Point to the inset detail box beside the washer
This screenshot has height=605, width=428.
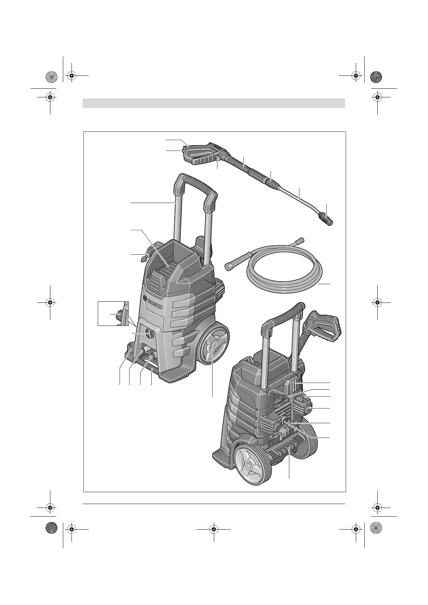pyautogui.click(x=113, y=314)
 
